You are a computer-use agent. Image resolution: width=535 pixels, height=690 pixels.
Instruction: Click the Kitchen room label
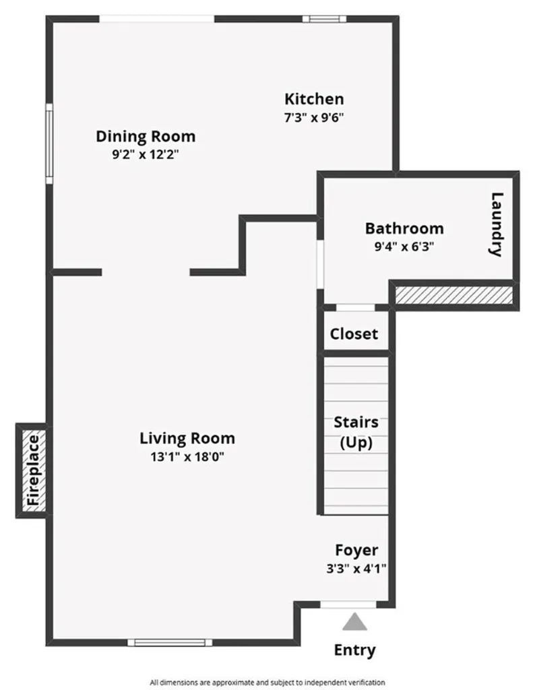[313, 99]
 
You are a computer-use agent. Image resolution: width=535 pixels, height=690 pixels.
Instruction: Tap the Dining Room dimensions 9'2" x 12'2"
[146, 154]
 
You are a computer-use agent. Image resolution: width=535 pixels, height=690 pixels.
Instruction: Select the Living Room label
[187, 439]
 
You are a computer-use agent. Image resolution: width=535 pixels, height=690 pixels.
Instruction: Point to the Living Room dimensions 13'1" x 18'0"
[187, 456]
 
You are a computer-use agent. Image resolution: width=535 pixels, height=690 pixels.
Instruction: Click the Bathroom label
[404, 228]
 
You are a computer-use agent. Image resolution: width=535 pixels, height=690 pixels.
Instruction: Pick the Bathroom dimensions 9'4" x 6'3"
[404, 246]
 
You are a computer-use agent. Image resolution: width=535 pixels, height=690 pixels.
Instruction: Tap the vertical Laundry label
[497, 224]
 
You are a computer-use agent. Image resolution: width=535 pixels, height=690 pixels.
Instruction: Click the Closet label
[354, 334]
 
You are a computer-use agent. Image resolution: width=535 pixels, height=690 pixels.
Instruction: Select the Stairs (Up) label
[356, 433]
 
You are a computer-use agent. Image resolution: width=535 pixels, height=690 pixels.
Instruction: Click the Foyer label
[356, 550]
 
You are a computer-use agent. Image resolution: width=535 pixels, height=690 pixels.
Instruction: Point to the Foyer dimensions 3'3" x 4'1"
[356, 567]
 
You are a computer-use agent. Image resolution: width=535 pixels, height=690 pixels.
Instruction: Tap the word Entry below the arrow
[355, 650]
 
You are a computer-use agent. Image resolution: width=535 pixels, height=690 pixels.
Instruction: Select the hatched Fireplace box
[32, 471]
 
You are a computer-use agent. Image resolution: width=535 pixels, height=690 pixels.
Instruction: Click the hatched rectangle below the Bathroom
[452, 294]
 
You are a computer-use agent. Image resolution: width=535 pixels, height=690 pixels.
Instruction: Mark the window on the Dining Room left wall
[49, 142]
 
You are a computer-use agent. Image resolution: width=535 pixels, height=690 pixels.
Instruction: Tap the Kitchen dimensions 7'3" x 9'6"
[314, 116]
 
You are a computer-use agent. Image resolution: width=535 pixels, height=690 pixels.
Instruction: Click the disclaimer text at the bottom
[267, 682]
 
